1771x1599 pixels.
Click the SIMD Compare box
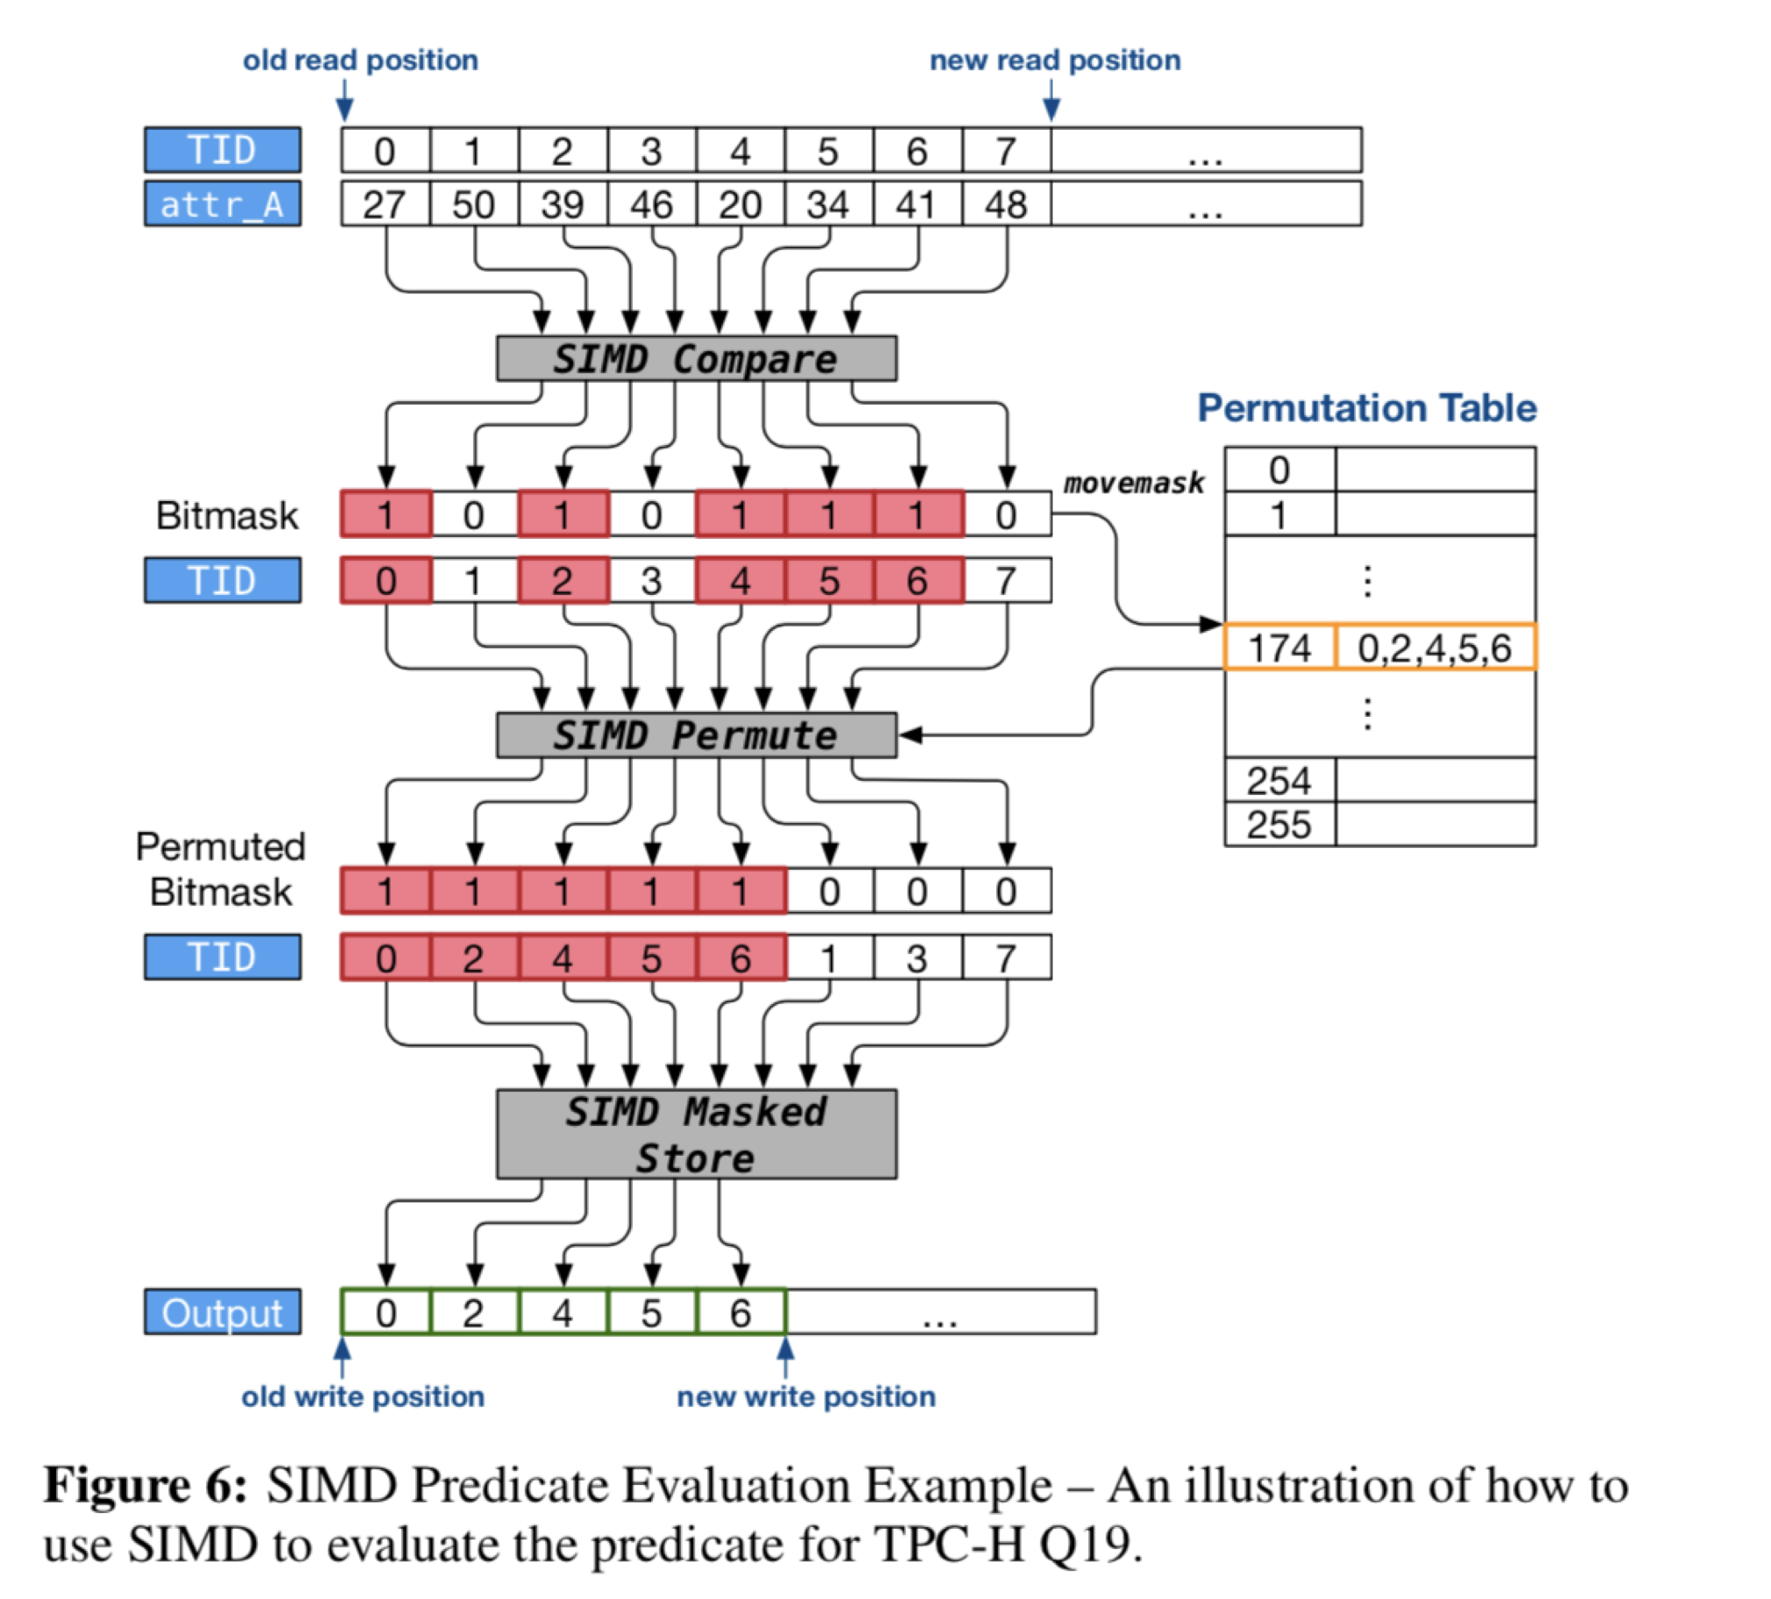pos(696,358)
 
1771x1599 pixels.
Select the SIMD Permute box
pos(696,735)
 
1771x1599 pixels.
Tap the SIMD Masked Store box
pos(696,1134)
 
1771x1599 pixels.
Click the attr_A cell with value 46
pos(651,204)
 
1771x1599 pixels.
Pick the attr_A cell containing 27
pos(384,204)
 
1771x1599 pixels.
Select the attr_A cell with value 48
pos(1006,204)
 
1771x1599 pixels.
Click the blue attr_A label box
pos(222,204)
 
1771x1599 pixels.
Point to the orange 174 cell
pos(1279,649)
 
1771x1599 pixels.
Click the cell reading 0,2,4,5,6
pos(1435,649)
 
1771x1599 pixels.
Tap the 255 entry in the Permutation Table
pos(1279,825)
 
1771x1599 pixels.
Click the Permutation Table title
pos(1367,409)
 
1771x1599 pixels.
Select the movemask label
pos(1133,484)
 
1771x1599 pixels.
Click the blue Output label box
pos(222,1313)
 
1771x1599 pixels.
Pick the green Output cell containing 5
pos(651,1313)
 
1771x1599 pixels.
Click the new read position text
pos(1055,61)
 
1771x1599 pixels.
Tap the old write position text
pos(362,1396)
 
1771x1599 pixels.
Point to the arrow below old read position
pos(344,98)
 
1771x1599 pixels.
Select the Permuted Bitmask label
pos(220,869)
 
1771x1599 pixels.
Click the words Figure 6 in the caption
pos(146,1486)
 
